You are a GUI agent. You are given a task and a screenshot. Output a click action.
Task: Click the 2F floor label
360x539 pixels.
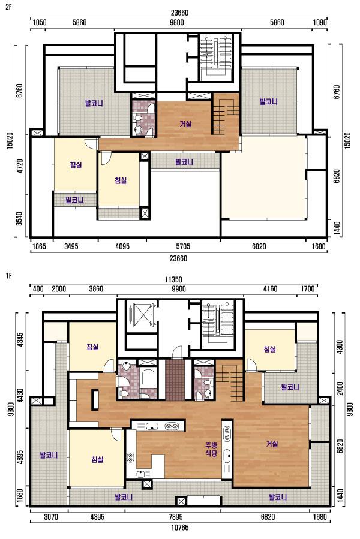pos(8,7)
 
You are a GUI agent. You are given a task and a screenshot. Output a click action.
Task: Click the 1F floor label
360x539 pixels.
pos(8,275)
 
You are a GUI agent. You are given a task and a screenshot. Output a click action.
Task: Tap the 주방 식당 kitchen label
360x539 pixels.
pos(211,449)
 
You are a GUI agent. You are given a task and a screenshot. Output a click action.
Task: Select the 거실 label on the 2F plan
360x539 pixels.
pos(185,124)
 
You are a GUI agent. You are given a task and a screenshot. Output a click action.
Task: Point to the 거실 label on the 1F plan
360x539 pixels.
pos(272,444)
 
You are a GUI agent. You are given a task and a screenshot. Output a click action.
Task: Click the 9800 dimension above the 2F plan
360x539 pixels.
pos(177,23)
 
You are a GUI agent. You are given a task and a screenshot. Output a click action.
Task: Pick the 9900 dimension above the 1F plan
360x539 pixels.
pos(179,289)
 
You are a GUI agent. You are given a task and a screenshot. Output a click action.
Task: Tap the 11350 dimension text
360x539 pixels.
pos(173,280)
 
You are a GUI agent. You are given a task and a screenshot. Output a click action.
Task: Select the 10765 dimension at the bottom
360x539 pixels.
pos(179,528)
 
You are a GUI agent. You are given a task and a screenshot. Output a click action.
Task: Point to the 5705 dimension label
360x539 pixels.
pos(183,246)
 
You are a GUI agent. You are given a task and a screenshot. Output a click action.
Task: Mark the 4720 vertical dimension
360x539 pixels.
pos(20,166)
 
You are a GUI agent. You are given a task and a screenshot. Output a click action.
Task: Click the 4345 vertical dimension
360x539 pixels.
pos(20,339)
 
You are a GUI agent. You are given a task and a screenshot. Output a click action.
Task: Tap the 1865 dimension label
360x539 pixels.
pos(39,246)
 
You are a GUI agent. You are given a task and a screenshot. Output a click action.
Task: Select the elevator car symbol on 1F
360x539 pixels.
pos(142,315)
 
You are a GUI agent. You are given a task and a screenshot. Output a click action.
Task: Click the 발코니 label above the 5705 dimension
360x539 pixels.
pos(184,162)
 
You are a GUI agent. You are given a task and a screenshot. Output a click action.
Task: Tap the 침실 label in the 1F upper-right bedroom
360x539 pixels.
pos(270,350)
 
